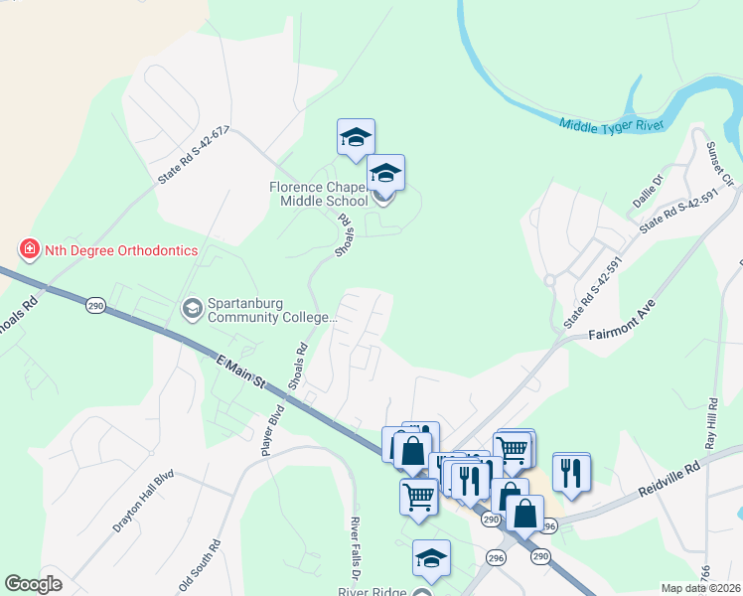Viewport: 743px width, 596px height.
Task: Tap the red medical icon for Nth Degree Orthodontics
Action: [30, 249]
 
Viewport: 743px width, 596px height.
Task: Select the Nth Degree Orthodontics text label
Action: [120, 250]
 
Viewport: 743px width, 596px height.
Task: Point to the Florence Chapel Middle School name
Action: [319, 194]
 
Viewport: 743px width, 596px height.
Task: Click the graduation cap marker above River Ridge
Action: [431, 559]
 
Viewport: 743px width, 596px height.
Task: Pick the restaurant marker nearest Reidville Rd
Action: [571, 471]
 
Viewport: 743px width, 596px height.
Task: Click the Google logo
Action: [34, 584]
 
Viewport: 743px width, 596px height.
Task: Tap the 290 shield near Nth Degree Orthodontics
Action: [95, 305]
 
